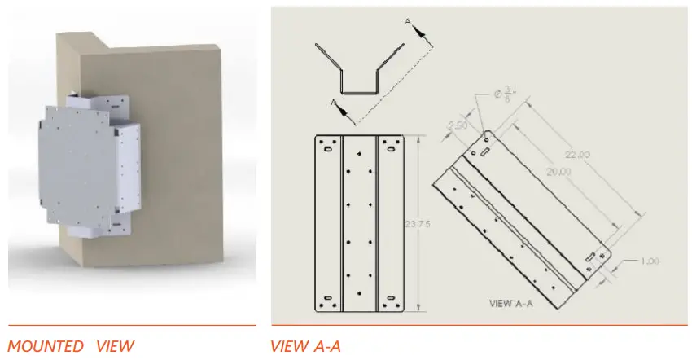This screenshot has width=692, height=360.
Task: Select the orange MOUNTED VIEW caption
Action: point(70,346)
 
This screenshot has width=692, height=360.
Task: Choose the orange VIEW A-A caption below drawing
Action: point(305,346)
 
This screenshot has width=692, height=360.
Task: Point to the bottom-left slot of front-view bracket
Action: point(327,298)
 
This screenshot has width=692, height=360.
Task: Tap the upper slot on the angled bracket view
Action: point(484,151)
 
